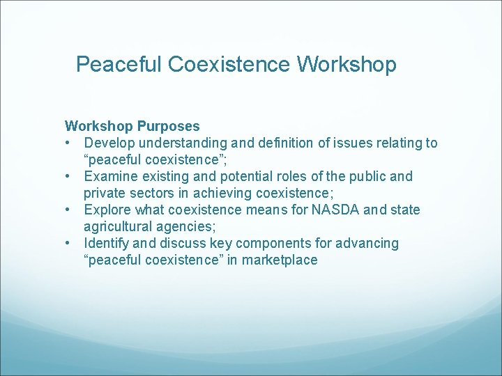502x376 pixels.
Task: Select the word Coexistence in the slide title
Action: [x=229, y=65]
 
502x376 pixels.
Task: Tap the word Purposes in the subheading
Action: [x=169, y=127]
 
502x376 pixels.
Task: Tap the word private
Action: [x=105, y=194]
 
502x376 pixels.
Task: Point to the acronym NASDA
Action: [x=333, y=210]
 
